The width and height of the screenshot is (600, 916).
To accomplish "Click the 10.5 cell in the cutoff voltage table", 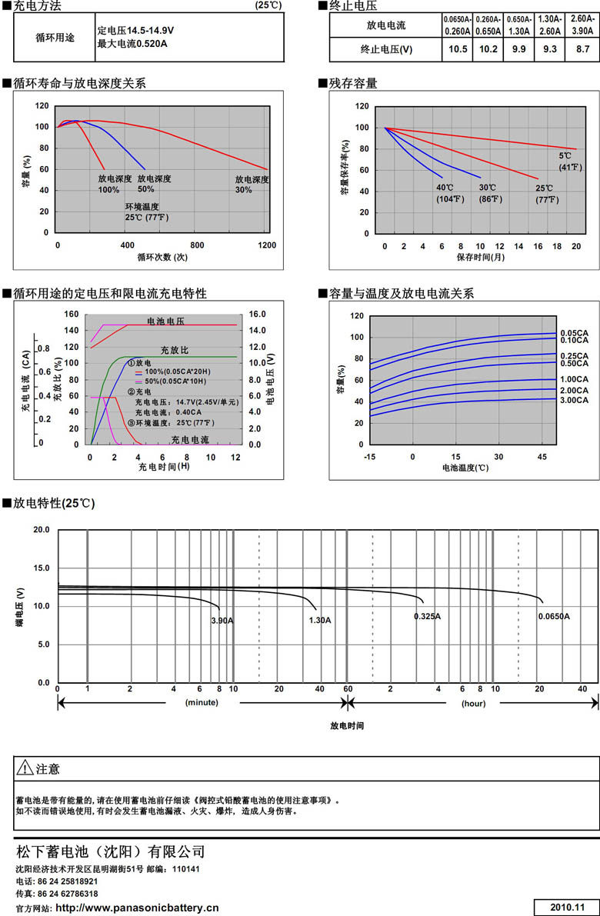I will click(x=458, y=50).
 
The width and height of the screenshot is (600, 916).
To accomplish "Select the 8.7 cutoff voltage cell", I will click(x=583, y=50).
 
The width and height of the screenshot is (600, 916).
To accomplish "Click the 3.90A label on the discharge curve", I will click(x=223, y=620).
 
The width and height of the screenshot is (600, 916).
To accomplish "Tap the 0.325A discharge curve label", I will click(x=427, y=616).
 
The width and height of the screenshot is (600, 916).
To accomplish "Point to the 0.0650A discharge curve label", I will click(x=554, y=616).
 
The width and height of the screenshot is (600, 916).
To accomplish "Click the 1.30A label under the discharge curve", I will click(x=320, y=620).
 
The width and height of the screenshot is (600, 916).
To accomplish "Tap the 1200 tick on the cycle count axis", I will click(x=267, y=245).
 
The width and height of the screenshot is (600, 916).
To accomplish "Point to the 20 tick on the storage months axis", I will click(x=576, y=245).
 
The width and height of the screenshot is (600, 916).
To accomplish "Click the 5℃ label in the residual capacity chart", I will click(x=565, y=156).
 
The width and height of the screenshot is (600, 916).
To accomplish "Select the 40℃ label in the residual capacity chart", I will click(x=445, y=188).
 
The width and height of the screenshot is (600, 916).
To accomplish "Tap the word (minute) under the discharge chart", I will click(x=202, y=702).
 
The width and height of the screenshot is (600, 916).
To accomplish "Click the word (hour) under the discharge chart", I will click(x=473, y=702).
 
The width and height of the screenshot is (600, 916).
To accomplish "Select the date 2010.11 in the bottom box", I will click(x=568, y=908).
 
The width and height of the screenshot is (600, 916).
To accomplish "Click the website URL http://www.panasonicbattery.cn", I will click(x=138, y=908).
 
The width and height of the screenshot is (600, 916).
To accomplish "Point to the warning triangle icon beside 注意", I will click(x=25, y=768).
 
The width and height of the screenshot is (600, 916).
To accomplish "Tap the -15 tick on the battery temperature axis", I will click(x=371, y=457).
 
